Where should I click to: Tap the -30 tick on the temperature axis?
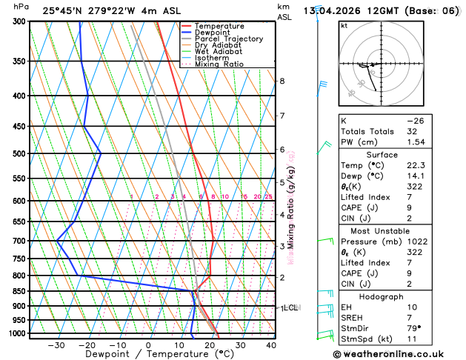pos(56,344)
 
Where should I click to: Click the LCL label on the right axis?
pos(290,307)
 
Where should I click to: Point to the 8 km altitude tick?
pos(282,81)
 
